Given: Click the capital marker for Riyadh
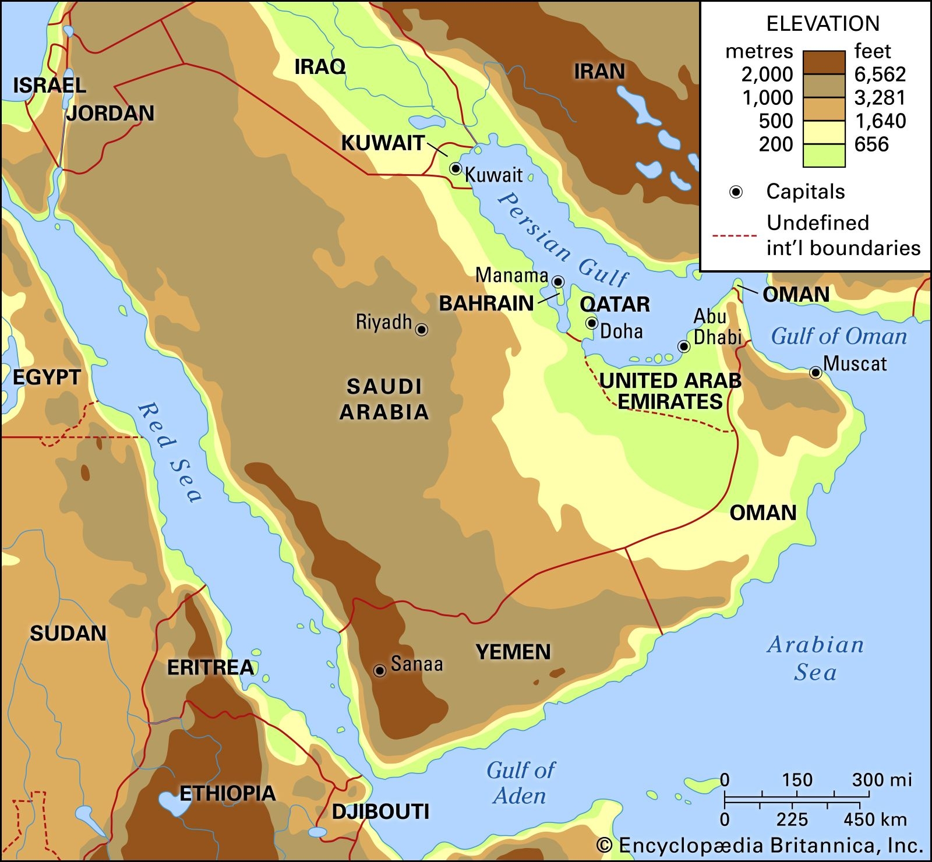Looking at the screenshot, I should [x=422, y=330].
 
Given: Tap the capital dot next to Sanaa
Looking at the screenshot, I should [x=380, y=671].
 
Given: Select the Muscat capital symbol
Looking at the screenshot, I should [x=815, y=373].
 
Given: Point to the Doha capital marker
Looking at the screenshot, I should [x=592, y=323].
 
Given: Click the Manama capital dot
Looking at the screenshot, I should [x=558, y=282].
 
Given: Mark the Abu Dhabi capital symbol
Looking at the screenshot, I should [x=684, y=347].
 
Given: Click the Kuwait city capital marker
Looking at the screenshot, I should [x=456, y=169].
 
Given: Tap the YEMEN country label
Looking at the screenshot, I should [x=513, y=652].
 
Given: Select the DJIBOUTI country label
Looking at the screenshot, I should [x=380, y=811].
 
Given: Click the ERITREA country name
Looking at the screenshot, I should [x=210, y=667].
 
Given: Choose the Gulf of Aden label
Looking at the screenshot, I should [x=521, y=783].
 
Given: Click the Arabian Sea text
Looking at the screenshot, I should [x=815, y=658].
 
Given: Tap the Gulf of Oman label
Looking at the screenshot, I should [x=839, y=337].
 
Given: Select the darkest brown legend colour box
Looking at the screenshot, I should [x=824, y=63].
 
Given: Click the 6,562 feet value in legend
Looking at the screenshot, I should [x=880, y=75].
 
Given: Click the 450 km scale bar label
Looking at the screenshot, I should [x=875, y=819].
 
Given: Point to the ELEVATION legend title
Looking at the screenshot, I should [x=822, y=24].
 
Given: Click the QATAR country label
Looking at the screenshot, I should [x=615, y=304].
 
